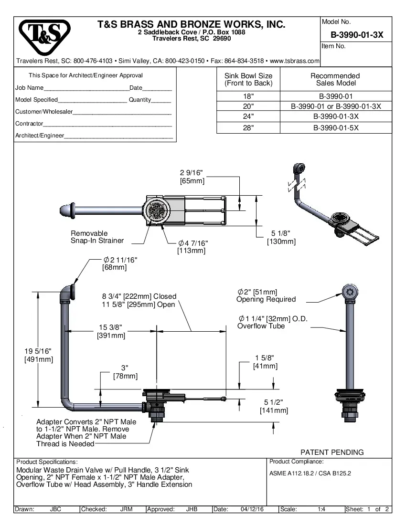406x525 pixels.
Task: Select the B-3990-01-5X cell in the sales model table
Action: (x=335, y=128)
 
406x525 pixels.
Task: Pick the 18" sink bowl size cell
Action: (x=248, y=96)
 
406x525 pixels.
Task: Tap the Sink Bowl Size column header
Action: (x=248, y=79)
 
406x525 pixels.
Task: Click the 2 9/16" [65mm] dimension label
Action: (x=192, y=177)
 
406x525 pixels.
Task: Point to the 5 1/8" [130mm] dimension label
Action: (x=281, y=237)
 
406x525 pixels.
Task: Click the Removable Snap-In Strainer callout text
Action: (x=97, y=237)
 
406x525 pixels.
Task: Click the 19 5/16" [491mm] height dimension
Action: (x=38, y=356)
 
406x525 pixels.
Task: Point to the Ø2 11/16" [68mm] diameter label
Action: (x=119, y=263)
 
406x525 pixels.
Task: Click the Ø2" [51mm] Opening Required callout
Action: (x=266, y=295)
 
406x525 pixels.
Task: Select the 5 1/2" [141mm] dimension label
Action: (x=274, y=406)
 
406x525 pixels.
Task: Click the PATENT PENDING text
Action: (x=331, y=452)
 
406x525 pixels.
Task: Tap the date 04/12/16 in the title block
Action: (x=253, y=509)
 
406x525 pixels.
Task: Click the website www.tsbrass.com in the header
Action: (x=295, y=61)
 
